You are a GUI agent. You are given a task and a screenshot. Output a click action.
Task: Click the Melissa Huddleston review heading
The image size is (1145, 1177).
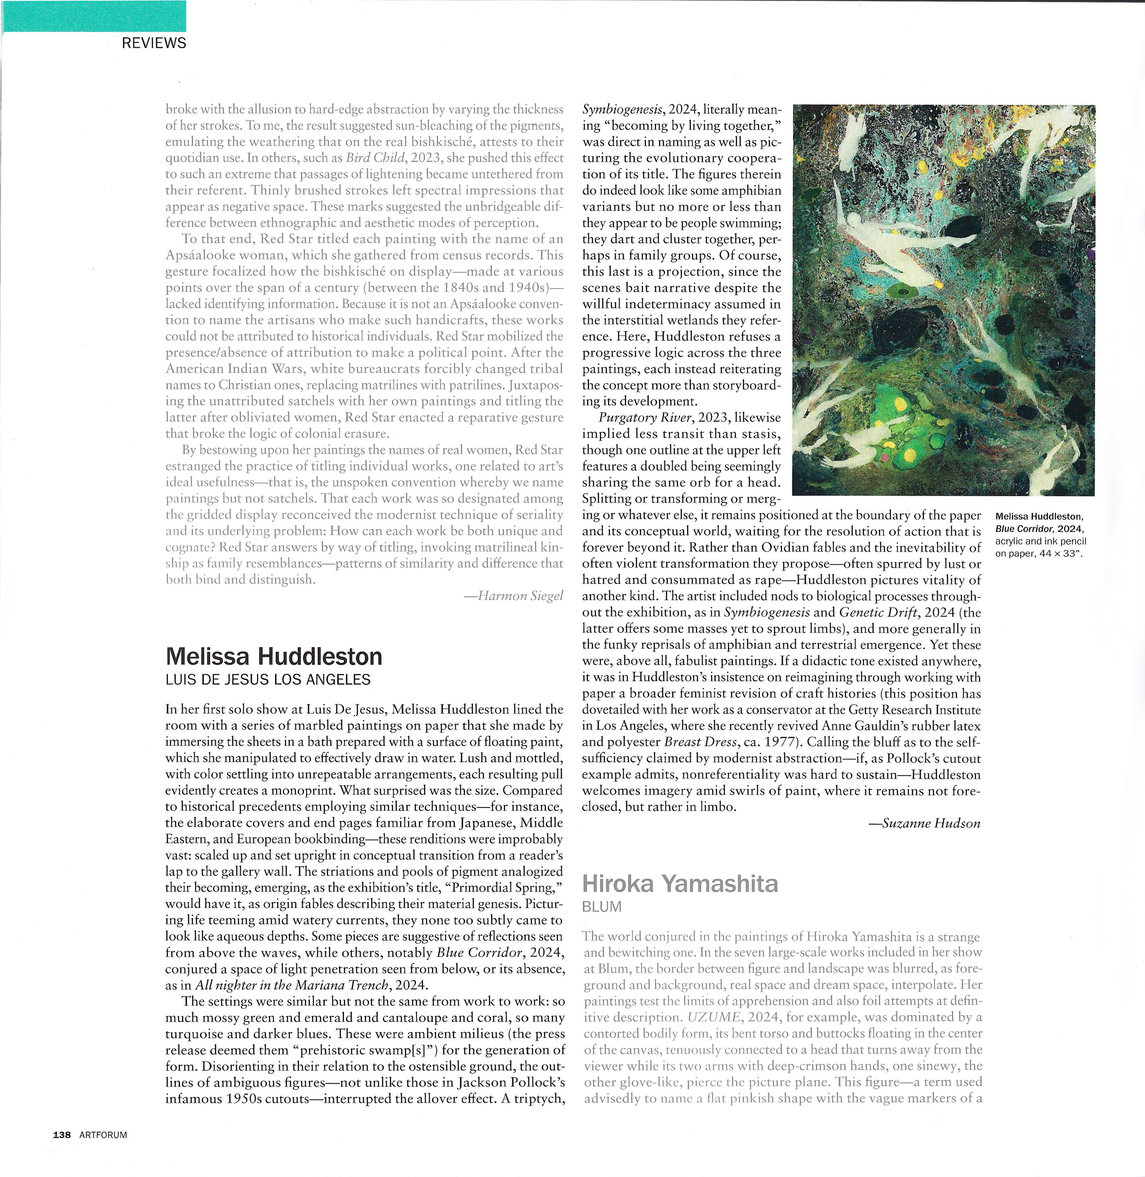274,656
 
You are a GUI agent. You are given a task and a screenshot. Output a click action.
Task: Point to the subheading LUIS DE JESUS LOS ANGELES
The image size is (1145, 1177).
268,680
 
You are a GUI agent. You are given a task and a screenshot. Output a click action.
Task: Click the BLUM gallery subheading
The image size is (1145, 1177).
601,907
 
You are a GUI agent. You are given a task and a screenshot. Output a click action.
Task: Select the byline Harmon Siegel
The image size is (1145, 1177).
515,596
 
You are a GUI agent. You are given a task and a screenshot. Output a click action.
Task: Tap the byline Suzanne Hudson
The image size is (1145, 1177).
926,823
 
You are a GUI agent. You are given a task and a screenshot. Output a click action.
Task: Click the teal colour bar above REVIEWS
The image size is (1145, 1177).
94,16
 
